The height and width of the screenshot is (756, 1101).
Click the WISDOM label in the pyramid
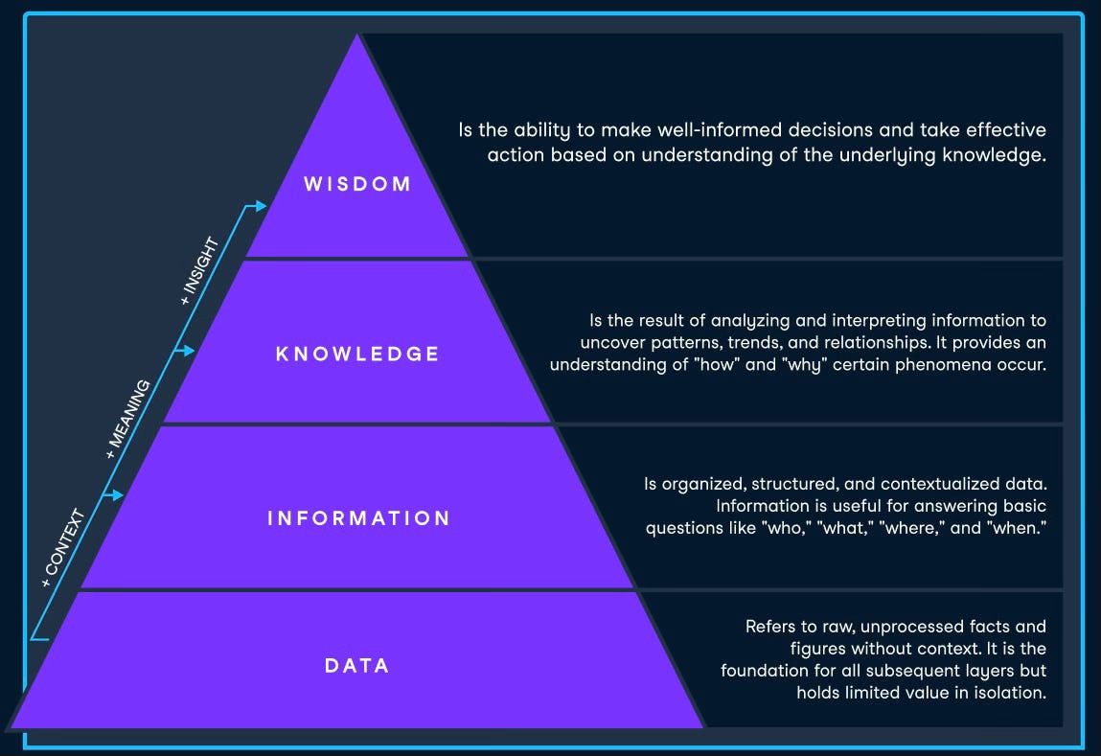click(x=357, y=184)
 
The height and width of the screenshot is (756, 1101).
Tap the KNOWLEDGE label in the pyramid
click(x=357, y=354)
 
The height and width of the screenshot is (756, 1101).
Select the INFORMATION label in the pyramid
click(x=358, y=518)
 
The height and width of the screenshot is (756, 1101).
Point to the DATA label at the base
click(x=356, y=665)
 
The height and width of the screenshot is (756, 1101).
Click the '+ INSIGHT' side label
click(x=200, y=271)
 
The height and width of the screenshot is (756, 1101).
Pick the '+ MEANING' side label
click(x=128, y=419)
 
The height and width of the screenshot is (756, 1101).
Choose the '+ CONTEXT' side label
click(x=64, y=547)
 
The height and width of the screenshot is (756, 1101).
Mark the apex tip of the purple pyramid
click(x=358, y=36)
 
